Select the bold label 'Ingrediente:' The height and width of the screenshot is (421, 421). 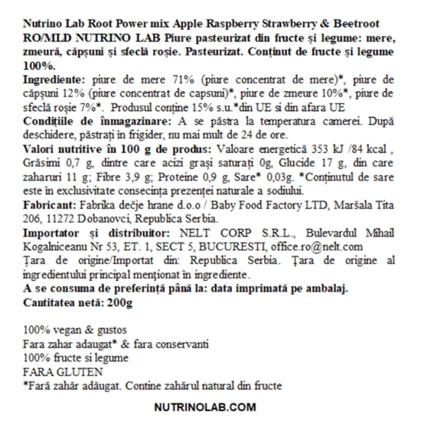(53, 79)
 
